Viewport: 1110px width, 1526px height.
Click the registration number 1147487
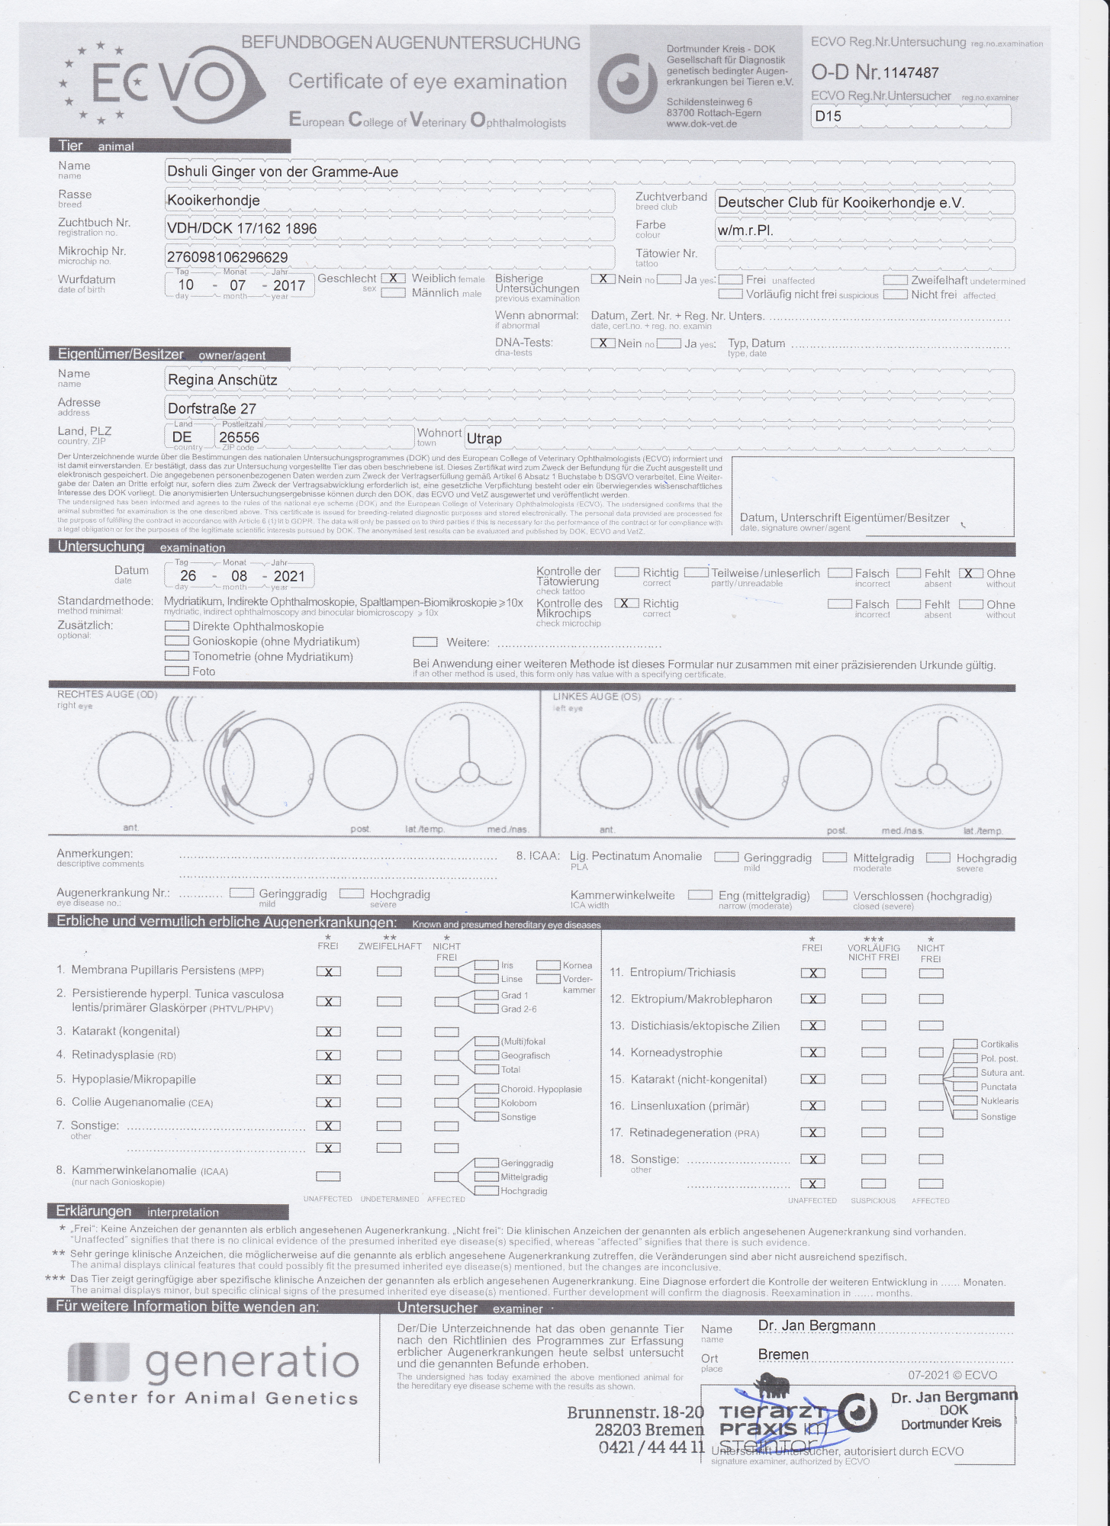(x=910, y=73)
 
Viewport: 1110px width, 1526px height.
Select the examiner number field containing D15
(x=911, y=117)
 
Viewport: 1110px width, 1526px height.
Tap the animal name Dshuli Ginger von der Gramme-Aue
(x=282, y=172)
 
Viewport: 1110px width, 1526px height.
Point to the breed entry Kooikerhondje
(x=214, y=201)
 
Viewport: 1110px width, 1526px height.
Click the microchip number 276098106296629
(x=227, y=258)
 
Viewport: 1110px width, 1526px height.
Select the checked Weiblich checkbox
(x=393, y=278)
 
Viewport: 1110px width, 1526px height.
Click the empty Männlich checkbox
(x=393, y=293)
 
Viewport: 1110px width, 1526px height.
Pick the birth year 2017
(x=288, y=286)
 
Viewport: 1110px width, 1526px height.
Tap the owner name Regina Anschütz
(x=222, y=380)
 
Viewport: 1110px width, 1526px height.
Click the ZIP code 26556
(x=239, y=438)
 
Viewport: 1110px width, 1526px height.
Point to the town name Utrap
(x=484, y=439)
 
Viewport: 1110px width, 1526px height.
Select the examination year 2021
(x=288, y=577)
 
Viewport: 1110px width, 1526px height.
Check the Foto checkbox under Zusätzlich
(x=177, y=671)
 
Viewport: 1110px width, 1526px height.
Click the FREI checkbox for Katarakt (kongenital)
(x=329, y=1032)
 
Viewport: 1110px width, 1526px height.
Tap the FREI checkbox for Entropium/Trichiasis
(x=813, y=973)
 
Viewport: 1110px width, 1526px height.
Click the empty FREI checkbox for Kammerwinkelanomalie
(x=329, y=1177)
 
